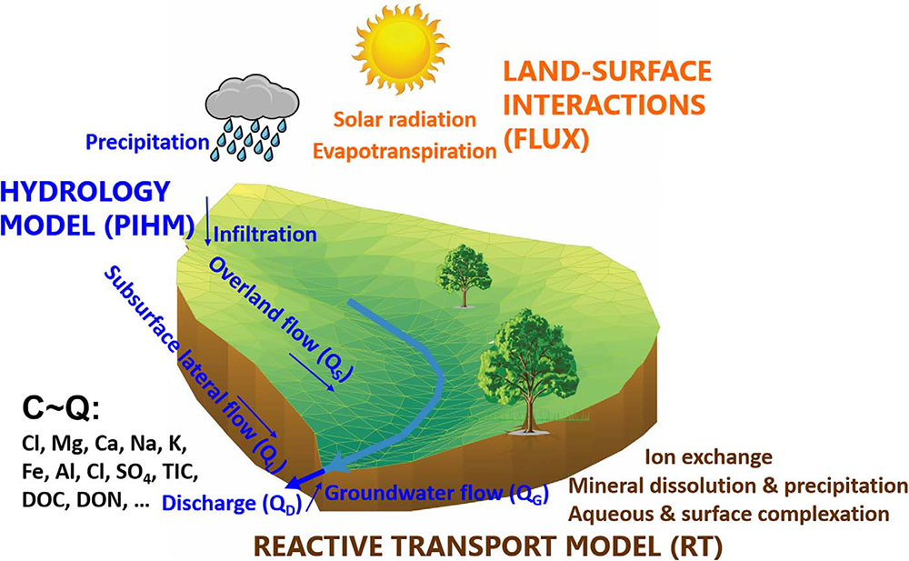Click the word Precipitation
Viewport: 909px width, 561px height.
[x=147, y=142]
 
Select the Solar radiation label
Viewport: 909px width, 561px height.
[x=405, y=119]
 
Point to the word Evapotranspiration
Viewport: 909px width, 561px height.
[x=405, y=151]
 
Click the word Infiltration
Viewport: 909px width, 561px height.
[x=265, y=235]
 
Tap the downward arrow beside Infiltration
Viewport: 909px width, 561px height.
[x=207, y=221]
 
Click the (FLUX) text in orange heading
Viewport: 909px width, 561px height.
[x=546, y=140]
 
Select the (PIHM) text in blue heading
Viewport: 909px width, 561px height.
[x=149, y=225]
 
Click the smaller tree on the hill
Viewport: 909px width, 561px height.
[x=464, y=275]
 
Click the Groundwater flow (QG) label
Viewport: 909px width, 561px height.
[x=436, y=493]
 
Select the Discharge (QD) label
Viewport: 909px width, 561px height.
[x=232, y=503]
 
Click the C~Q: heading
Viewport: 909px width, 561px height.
[x=61, y=409]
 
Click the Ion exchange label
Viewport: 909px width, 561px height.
[x=708, y=457]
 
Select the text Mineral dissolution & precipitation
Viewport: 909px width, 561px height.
[x=738, y=486]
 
